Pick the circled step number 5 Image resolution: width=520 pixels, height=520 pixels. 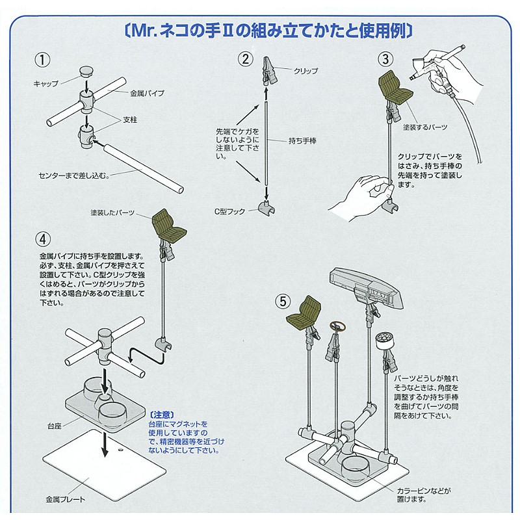282,301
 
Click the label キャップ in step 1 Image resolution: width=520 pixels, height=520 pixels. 45,84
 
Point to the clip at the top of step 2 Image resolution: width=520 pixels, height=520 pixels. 269,71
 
